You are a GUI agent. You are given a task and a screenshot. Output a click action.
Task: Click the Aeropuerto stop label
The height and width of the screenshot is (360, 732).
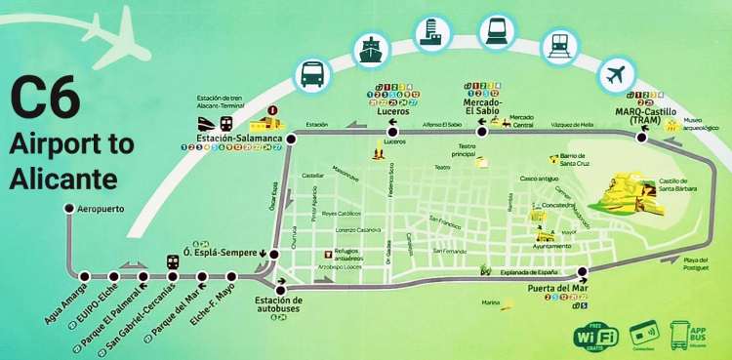click(102, 209)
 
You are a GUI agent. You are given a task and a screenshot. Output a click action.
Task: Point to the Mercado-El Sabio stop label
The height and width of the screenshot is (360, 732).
click(482, 106)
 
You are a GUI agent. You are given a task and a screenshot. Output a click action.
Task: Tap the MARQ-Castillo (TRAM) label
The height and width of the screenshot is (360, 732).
click(646, 115)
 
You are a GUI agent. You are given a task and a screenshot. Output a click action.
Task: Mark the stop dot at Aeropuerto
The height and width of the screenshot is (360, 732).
click(68, 209)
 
